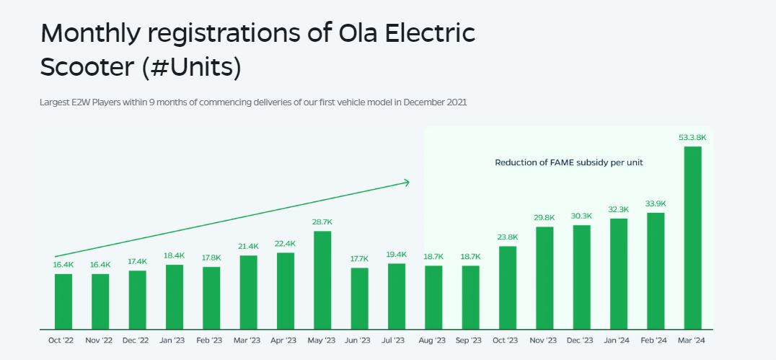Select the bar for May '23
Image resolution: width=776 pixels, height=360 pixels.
pyautogui.click(x=322, y=280)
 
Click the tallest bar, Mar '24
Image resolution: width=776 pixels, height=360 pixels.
pyautogui.click(x=692, y=238)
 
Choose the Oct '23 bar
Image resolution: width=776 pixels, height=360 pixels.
pyautogui.click(x=508, y=288)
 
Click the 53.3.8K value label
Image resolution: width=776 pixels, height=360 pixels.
pyautogui.click(x=692, y=137)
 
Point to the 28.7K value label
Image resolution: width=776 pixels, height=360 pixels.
pyautogui.click(x=322, y=221)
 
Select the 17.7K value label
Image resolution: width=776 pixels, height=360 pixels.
pyautogui.click(x=359, y=258)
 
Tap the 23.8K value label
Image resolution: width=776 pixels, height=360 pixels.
pyautogui.click(x=508, y=237)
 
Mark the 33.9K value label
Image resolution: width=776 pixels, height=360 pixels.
pyautogui.click(x=656, y=203)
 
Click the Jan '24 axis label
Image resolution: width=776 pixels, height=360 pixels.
pyautogui.click(x=619, y=341)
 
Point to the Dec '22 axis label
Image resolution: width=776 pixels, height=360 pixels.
pyautogui.click(x=137, y=341)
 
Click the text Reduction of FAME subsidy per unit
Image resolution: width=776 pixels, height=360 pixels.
pyautogui.click(x=568, y=163)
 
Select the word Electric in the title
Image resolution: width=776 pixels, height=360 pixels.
pyautogui.click(x=434, y=34)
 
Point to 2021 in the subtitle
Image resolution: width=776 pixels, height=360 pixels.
pyautogui.click(x=457, y=102)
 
